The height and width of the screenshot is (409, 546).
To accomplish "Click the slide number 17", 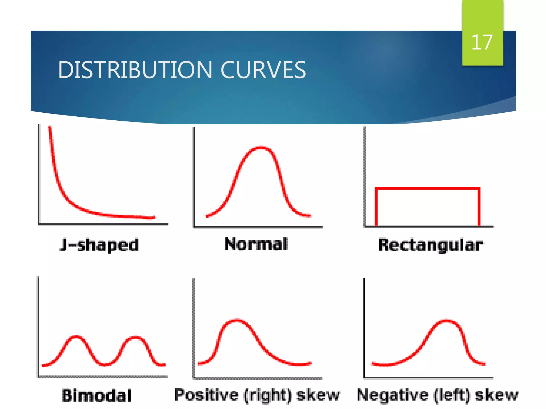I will pos(482,42).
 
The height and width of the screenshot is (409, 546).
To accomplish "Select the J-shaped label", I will pos(99,245).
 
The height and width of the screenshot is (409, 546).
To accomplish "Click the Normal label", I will pos(256,244).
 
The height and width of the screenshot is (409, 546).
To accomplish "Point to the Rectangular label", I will pos(431,245).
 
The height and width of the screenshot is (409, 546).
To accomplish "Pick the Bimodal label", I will pos(97,395).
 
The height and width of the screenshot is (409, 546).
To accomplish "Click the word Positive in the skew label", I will pos(206,395).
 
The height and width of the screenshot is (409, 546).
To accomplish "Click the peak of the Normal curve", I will pos(261,147).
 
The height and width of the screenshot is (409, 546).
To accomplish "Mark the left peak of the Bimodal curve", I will pos(76,337).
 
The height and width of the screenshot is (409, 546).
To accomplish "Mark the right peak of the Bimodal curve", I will pos(136,338).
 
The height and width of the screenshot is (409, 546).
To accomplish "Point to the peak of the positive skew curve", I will pos(237,320).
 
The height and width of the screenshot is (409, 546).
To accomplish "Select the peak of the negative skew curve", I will pos(447,321).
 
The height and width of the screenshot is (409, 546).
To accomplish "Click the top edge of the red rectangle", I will pos(427,189).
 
